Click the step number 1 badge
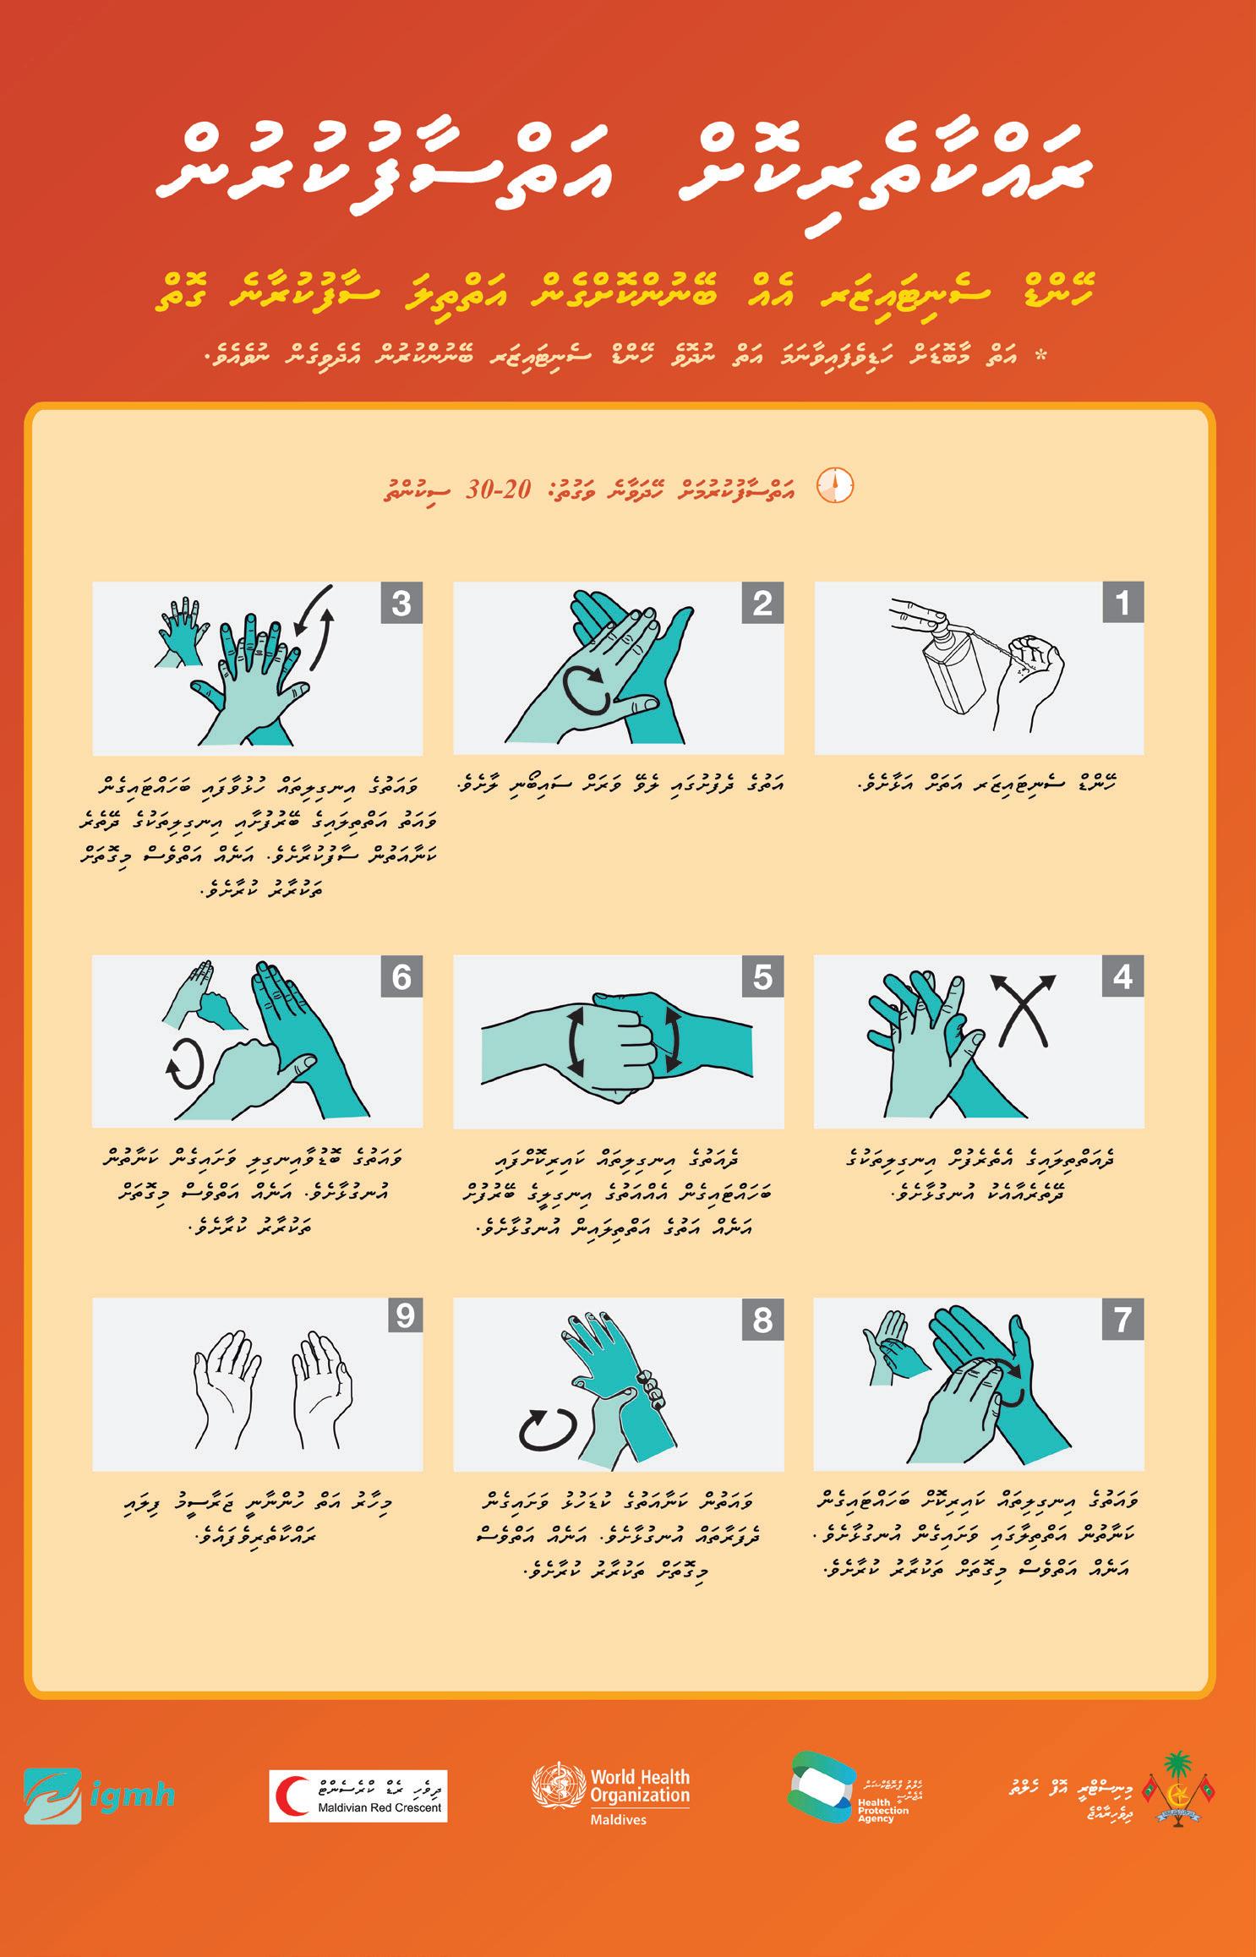click(1123, 603)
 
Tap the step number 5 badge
click(762, 976)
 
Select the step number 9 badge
click(405, 1316)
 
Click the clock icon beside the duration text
click(834, 486)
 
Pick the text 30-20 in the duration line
click(498, 489)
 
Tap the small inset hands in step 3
click(182, 631)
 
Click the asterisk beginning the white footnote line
click(1040, 356)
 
